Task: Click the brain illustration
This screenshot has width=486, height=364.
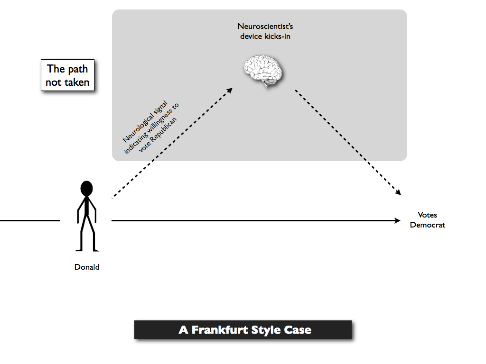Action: [263, 71]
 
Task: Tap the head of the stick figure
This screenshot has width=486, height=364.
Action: [86, 188]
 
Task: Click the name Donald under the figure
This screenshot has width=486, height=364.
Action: [87, 267]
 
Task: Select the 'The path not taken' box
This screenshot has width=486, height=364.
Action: [67, 75]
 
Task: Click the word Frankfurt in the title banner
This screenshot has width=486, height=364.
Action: [220, 330]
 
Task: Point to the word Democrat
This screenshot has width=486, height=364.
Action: [428, 225]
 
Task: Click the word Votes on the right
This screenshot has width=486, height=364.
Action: [428, 215]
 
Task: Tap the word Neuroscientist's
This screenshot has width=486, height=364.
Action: [265, 27]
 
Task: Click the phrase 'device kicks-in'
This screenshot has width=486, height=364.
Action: [265, 36]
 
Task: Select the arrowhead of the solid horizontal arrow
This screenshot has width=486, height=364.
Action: [398, 221]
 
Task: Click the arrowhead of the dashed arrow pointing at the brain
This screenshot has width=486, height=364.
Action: [230, 91]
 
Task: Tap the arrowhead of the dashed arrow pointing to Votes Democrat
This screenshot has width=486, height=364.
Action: [398, 192]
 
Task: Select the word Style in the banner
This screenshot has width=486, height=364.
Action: [266, 330]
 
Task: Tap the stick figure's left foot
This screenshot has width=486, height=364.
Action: [79, 249]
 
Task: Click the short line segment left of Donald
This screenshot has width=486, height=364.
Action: [30, 221]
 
